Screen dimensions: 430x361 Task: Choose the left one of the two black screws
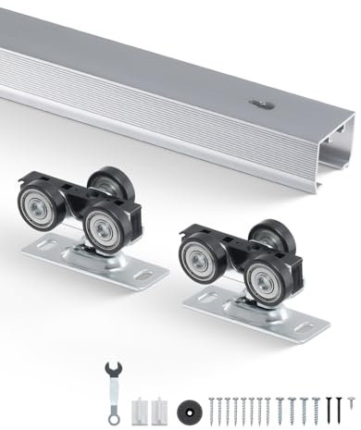tap(328, 404)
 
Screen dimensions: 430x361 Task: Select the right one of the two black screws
tap(339, 404)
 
